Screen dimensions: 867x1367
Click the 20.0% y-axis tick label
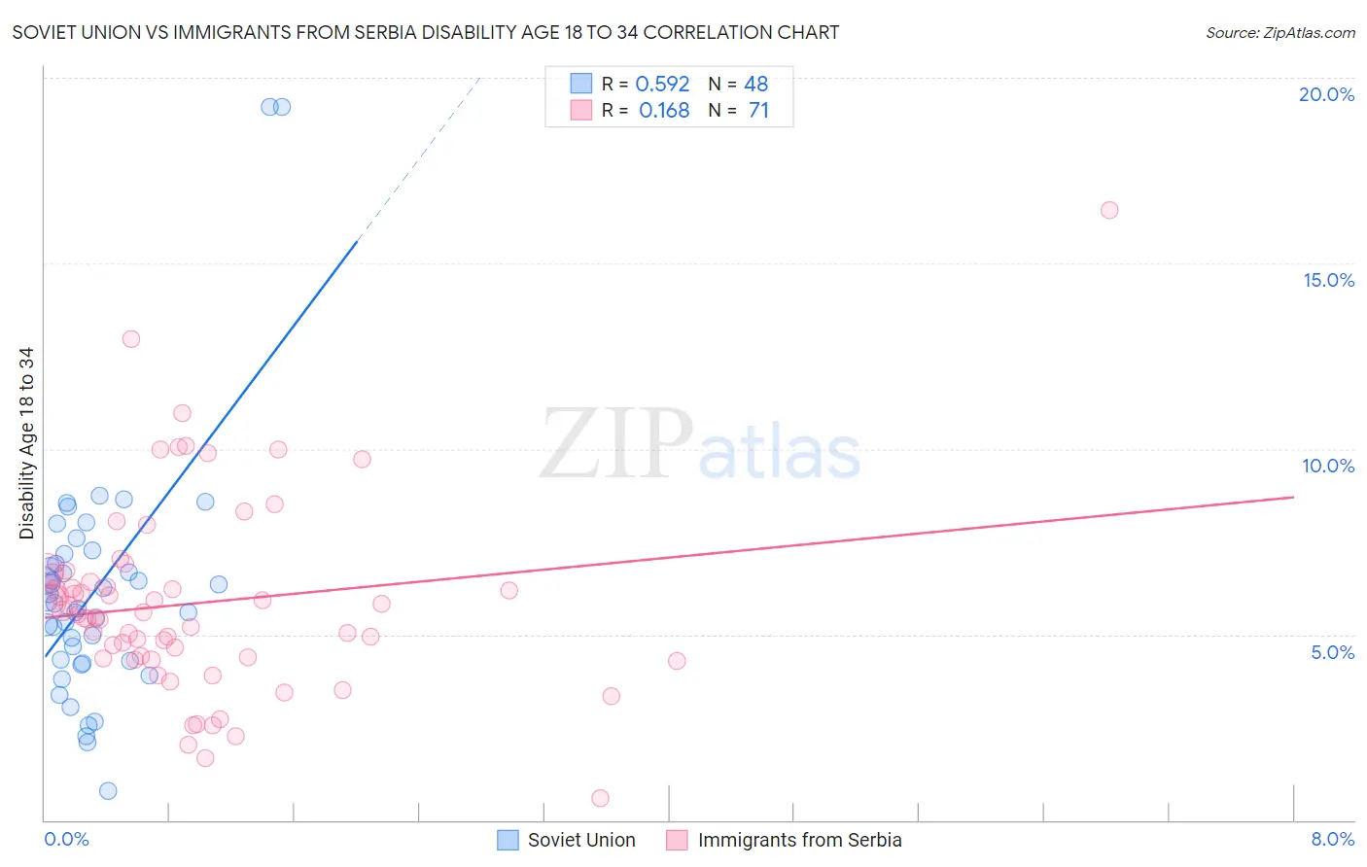(x=1326, y=94)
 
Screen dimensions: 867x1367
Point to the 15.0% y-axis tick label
(x=1328, y=280)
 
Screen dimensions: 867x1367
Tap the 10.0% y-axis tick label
(x=1328, y=466)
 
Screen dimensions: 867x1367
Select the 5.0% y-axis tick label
(x=1332, y=652)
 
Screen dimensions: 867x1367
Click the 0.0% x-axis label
(x=66, y=839)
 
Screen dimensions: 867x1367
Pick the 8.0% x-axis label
(x=1332, y=839)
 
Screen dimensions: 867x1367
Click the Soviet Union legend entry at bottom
(x=567, y=840)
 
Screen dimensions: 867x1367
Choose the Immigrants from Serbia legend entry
(x=785, y=840)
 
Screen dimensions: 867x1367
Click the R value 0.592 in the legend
(x=662, y=85)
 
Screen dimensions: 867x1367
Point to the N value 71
(x=758, y=111)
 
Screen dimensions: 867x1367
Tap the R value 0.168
(x=664, y=111)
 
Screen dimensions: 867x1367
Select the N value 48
(x=755, y=85)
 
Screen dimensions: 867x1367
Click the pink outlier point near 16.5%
(x=1109, y=210)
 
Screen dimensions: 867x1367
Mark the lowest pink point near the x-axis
(x=600, y=798)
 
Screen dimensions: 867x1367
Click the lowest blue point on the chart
(x=108, y=791)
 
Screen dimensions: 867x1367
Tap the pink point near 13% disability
(x=131, y=339)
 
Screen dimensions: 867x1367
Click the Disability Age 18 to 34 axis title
(x=26, y=443)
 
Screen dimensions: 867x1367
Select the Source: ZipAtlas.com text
(x=1280, y=33)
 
